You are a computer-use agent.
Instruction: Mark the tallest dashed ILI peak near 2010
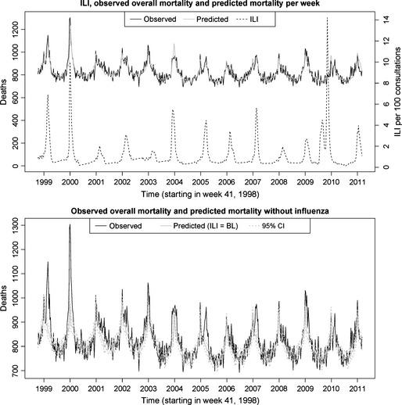point(327,18)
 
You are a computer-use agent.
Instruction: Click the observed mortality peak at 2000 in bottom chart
point(70,225)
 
